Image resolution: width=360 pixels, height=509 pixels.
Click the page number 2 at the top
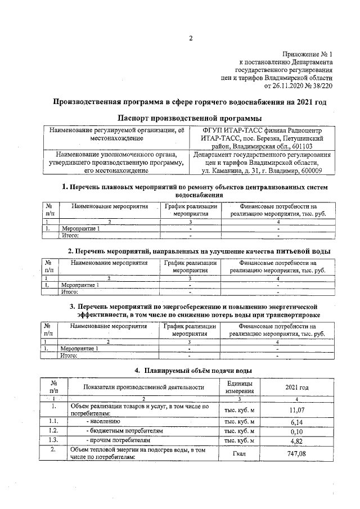click(x=191, y=39)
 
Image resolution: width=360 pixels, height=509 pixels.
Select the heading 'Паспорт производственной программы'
click(x=190, y=118)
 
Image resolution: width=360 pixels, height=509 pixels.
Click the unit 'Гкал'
click(x=240, y=454)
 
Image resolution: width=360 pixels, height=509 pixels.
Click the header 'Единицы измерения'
click(x=240, y=387)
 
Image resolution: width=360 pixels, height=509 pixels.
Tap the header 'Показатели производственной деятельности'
click(x=143, y=388)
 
